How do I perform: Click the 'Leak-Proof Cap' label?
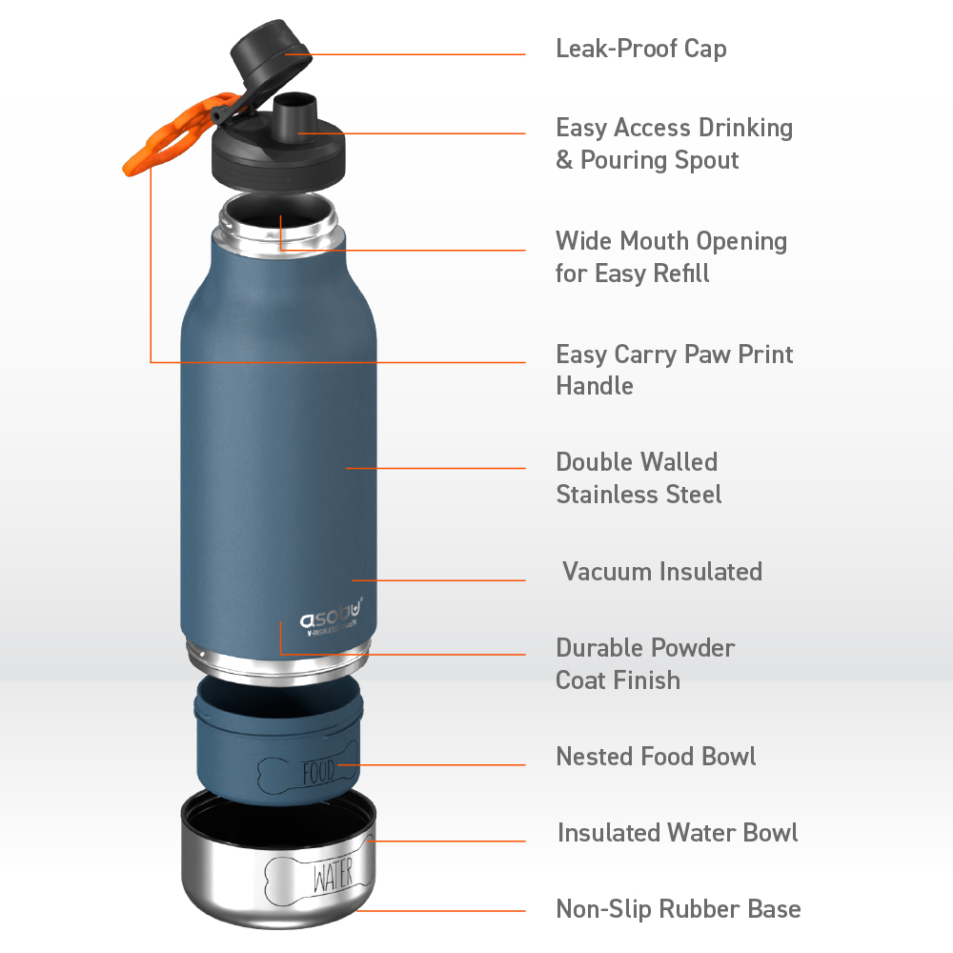click(640, 48)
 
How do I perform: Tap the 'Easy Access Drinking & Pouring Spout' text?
click(674, 143)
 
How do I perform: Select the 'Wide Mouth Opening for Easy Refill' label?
click(671, 256)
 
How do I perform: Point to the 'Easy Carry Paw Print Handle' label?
click(674, 370)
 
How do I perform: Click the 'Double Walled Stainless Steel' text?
click(639, 477)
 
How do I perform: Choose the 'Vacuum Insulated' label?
click(661, 572)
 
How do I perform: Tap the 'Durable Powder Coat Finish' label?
click(645, 663)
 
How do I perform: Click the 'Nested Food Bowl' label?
click(656, 757)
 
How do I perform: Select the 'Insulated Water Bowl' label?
click(678, 832)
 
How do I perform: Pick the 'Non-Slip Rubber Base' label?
click(678, 908)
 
